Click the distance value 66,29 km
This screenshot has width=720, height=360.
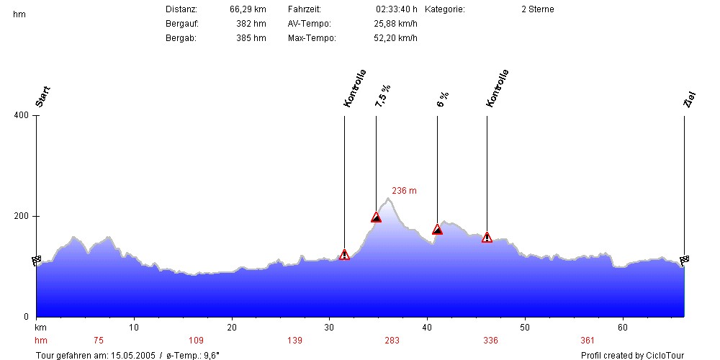(248, 9)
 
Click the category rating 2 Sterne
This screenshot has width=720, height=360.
(537, 9)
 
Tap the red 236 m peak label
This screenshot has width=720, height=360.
(404, 191)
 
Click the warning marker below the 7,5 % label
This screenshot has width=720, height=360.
(376, 217)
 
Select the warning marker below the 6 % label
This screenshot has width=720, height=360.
(437, 229)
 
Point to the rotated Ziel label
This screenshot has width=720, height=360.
(689, 102)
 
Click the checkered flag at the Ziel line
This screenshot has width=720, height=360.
(685, 260)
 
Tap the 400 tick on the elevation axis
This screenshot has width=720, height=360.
(22, 115)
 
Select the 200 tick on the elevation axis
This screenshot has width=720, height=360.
(22, 216)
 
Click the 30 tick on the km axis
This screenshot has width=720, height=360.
(329, 328)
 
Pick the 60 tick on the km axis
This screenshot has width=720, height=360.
(623, 328)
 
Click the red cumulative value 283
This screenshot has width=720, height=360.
(392, 341)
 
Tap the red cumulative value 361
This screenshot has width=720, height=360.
(588, 341)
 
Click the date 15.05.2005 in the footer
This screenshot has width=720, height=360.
(134, 355)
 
